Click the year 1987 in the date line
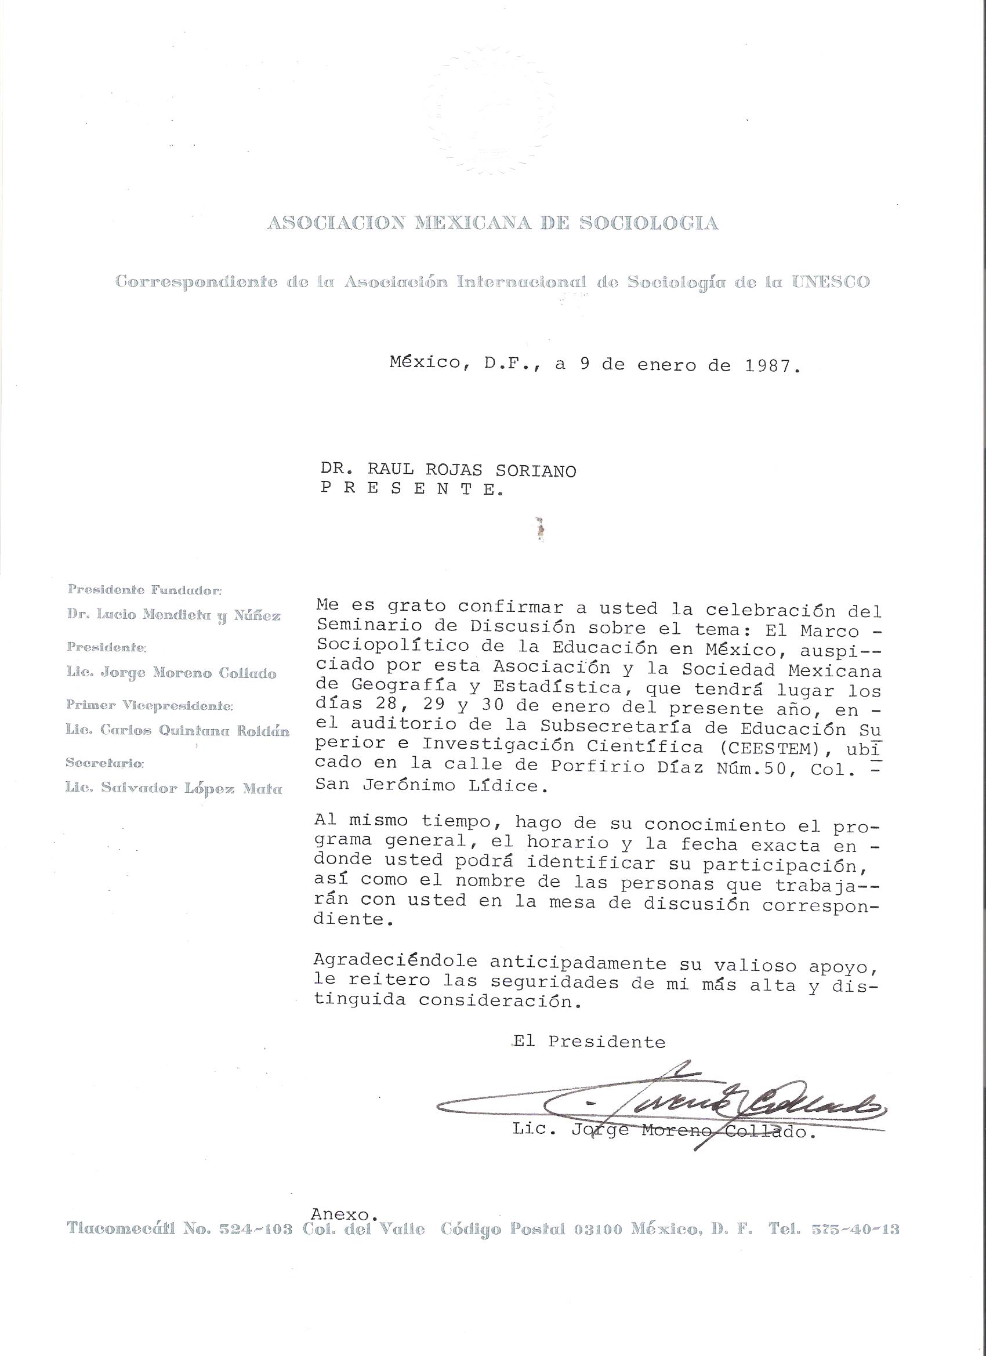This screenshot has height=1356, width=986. [771, 365]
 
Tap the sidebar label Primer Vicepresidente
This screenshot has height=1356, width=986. [150, 705]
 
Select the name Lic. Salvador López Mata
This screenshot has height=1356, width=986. [174, 788]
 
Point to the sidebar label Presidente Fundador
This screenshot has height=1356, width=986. [144, 589]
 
